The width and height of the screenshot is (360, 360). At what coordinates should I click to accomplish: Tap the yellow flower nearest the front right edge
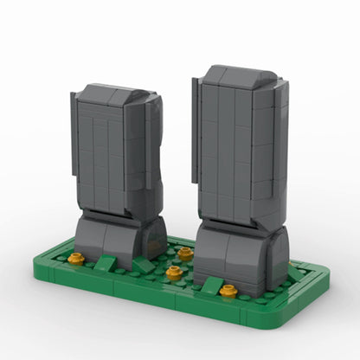[x=228, y=292]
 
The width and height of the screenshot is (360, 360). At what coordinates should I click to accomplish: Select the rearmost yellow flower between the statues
[x=185, y=253]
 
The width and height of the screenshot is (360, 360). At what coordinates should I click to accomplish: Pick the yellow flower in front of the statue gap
[x=173, y=274]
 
